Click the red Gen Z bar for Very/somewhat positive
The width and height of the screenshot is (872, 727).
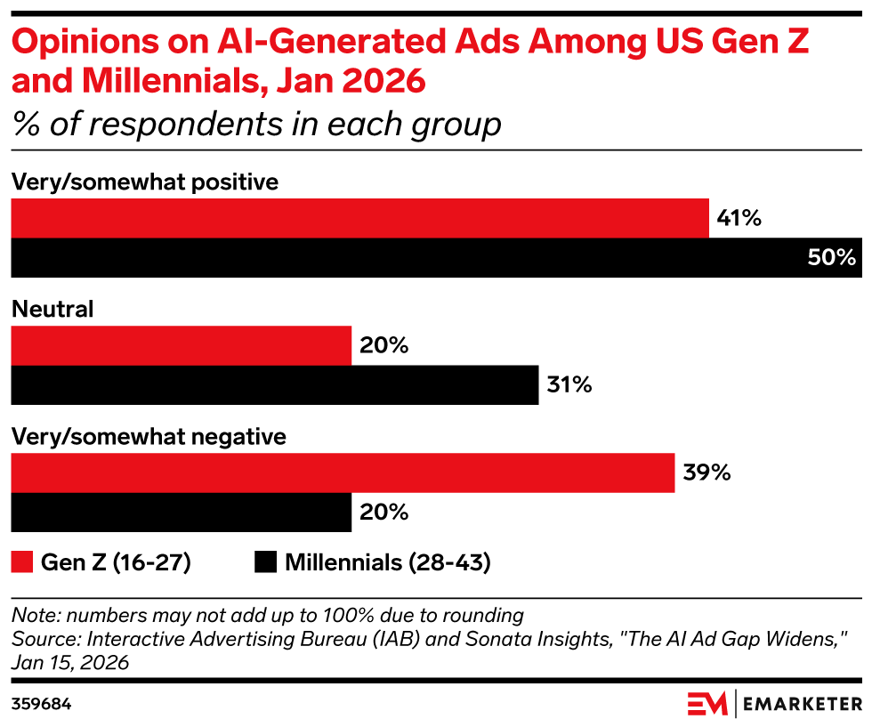pyautogui.click(x=359, y=219)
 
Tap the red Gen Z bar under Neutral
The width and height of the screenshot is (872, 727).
pyautogui.click(x=181, y=346)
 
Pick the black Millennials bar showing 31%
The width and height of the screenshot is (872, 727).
pyautogui.click(x=274, y=385)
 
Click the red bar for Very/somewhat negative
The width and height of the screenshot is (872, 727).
pyautogui.click(x=343, y=473)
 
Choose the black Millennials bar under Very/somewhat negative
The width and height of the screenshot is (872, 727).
pyautogui.click(x=181, y=513)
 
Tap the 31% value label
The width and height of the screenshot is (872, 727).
pyautogui.click(x=569, y=385)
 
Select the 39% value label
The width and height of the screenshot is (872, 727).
pyautogui.click(x=706, y=473)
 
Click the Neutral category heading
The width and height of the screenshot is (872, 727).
pyautogui.click(x=52, y=310)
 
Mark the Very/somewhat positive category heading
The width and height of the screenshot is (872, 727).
pyautogui.click(x=145, y=182)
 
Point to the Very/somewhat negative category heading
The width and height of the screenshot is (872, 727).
pyautogui.click(x=149, y=438)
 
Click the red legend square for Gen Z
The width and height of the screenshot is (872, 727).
pyautogui.click(x=21, y=562)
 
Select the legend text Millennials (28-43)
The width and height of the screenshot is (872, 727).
pyautogui.click(x=387, y=562)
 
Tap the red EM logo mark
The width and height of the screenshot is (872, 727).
pyautogui.click(x=707, y=703)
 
